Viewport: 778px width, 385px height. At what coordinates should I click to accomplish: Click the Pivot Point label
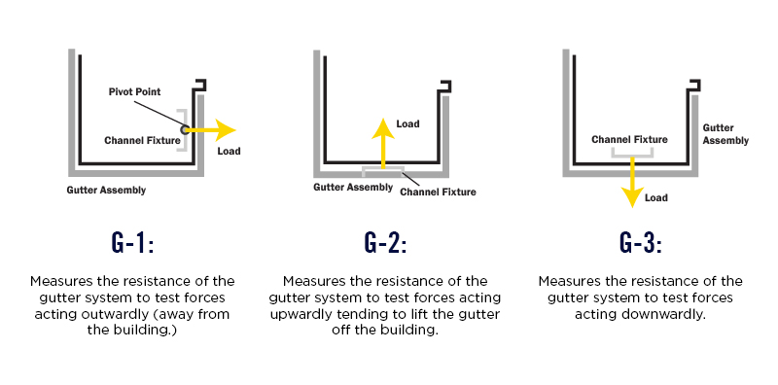(x=136, y=91)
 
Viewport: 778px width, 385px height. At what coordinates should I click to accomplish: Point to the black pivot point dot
(x=185, y=128)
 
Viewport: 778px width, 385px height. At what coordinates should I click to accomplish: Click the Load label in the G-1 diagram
(x=230, y=151)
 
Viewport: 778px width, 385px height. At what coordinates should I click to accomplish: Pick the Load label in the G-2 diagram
(x=407, y=124)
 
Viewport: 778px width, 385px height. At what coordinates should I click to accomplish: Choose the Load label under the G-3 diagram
(x=656, y=198)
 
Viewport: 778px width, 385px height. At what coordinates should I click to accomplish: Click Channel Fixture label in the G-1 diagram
(x=142, y=140)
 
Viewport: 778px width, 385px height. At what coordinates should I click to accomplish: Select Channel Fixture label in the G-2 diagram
(x=438, y=192)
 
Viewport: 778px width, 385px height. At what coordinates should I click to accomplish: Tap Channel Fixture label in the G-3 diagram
(x=630, y=139)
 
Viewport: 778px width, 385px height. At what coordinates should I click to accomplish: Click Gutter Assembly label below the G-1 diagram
(x=106, y=190)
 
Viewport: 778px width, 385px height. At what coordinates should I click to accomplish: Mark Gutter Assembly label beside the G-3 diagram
(x=725, y=134)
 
